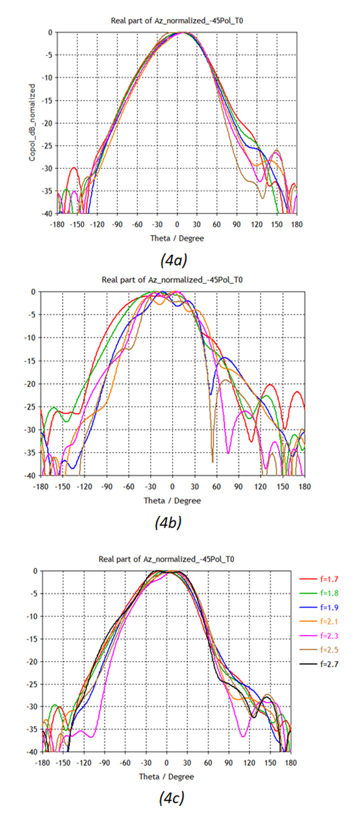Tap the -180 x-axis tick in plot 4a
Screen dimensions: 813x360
point(58,223)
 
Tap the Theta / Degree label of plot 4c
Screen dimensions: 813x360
point(166,777)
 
